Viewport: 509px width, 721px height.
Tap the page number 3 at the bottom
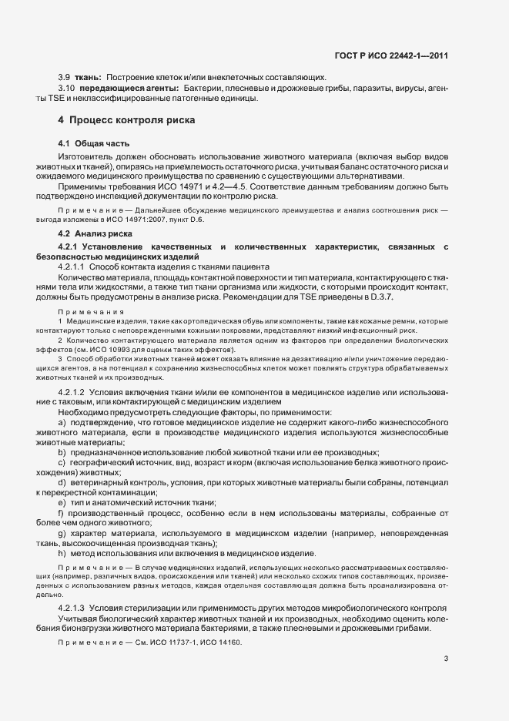tap(446, 659)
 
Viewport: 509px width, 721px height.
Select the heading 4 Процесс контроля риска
tap(122, 120)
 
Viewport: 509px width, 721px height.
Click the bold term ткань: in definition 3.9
tap(89, 77)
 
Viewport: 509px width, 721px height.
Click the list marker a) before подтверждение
tap(62, 424)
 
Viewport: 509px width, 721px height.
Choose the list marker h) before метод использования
tap(62, 554)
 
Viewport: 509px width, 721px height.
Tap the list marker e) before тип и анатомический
tap(62, 502)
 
